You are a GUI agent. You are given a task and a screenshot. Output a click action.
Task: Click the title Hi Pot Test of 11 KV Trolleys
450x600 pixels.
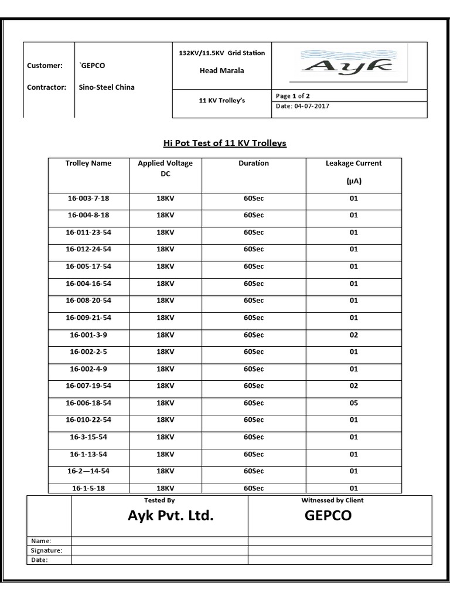(x=224, y=142)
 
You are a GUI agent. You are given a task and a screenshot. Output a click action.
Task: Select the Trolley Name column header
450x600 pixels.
(x=88, y=163)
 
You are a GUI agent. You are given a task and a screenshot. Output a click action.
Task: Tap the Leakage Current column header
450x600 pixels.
(x=353, y=163)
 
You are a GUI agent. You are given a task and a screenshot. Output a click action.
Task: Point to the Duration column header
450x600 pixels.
(x=254, y=163)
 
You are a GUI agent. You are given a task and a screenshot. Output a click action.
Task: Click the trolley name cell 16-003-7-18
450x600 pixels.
(x=88, y=199)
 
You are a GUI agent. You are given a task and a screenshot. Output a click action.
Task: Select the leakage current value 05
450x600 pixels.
(x=353, y=403)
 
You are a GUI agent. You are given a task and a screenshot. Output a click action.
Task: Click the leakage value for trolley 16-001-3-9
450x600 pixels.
(x=353, y=335)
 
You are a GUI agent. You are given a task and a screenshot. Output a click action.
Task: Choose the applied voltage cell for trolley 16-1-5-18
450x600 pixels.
(x=165, y=488)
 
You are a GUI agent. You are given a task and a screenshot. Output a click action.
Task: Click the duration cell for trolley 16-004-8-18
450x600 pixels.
(x=254, y=216)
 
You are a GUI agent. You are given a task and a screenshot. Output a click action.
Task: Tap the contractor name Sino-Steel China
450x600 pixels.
(x=107, y=87)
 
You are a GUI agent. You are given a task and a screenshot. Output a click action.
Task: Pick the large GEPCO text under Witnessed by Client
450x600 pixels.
(x=328, y=516)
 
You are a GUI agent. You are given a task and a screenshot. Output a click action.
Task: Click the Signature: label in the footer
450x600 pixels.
(x=46, y=550)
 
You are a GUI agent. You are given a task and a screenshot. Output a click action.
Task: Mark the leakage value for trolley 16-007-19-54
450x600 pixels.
(x=353, y=386)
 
